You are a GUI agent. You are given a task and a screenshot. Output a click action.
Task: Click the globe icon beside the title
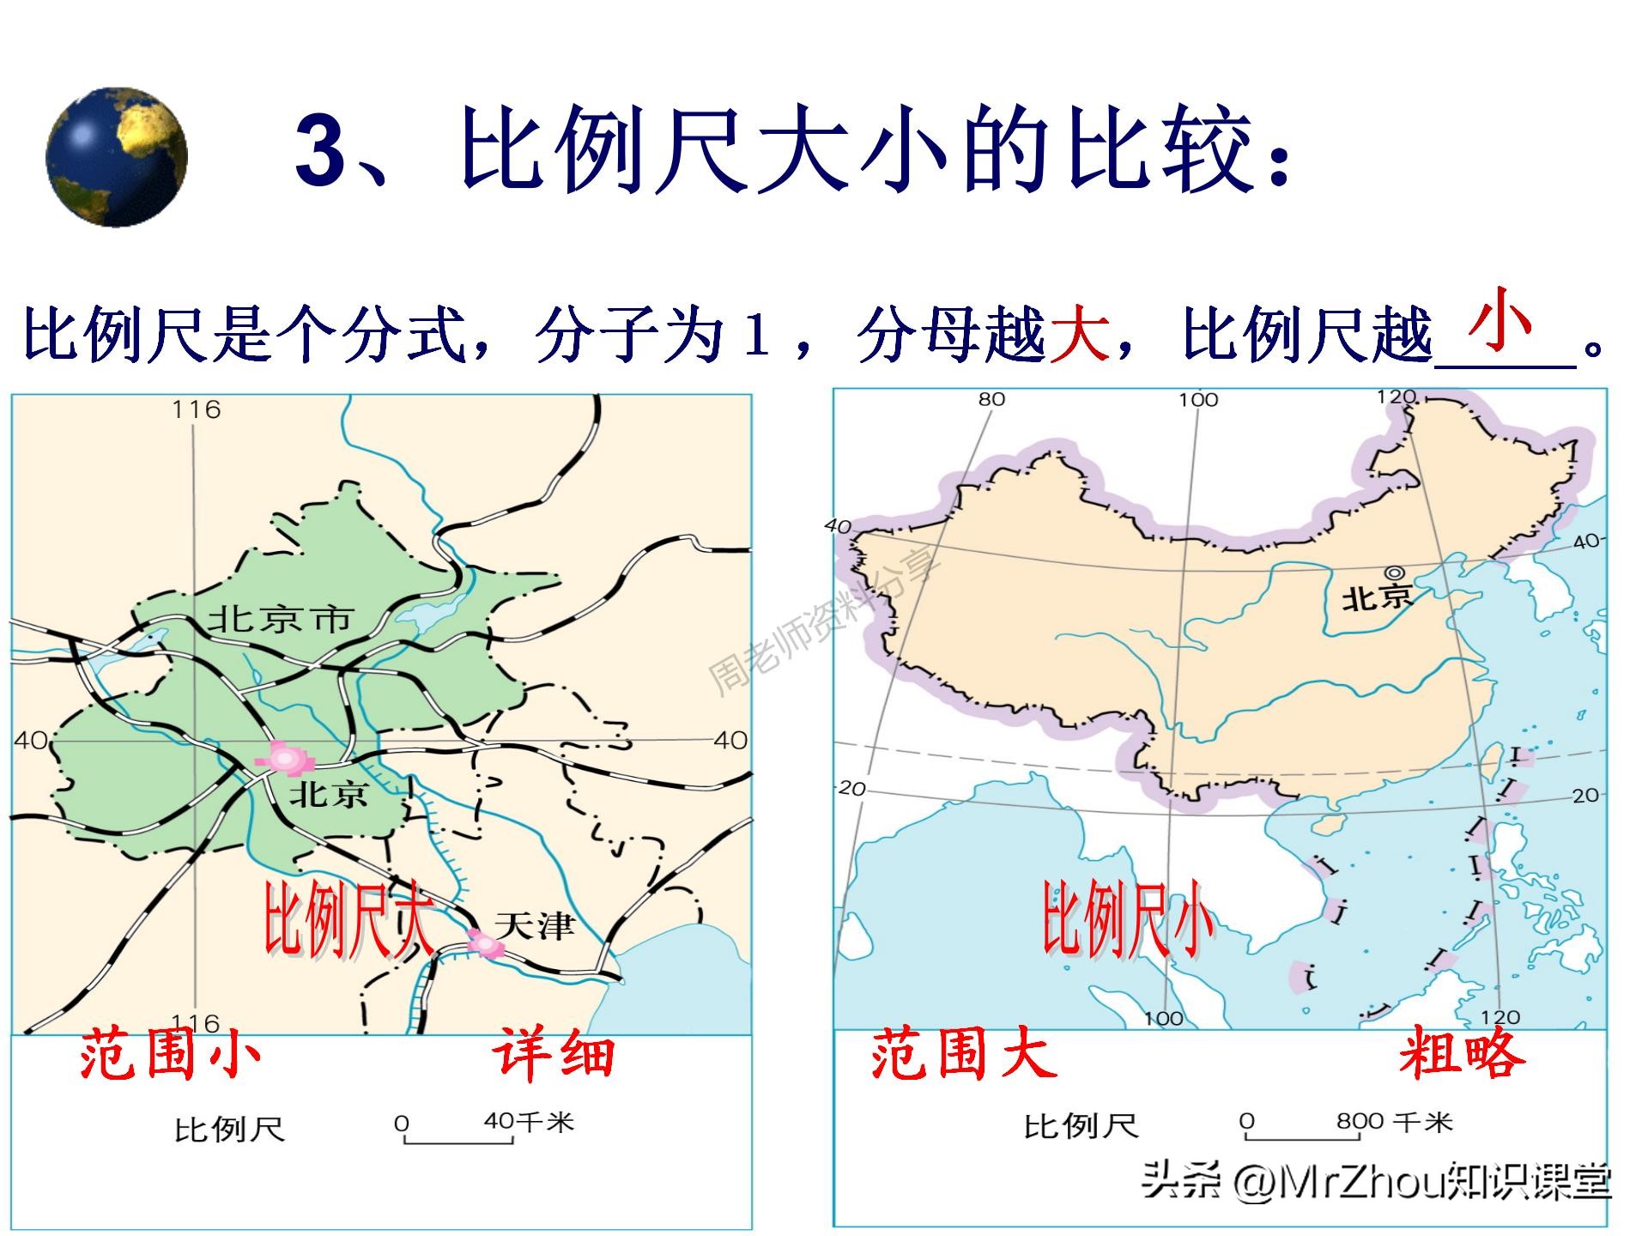click(117, 156)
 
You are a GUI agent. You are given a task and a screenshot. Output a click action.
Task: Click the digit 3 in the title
click(321, 150)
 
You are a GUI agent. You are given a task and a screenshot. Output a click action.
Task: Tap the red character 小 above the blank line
click(1500, 319)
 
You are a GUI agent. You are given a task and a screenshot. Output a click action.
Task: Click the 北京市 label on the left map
click(282, 620)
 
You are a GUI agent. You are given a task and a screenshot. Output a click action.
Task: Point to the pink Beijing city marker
click(285, 759)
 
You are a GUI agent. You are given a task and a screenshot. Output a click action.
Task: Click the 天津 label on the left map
click(534, 925)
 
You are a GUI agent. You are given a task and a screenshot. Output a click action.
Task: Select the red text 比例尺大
click(348, 918)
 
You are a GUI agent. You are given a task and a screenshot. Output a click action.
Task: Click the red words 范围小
click(170, 1055)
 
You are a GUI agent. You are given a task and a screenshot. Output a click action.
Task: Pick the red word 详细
click(554, 1055)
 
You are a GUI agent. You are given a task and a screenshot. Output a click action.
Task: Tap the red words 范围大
click(963, 1055)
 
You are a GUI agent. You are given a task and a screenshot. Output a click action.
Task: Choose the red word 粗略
click(1462, 1053)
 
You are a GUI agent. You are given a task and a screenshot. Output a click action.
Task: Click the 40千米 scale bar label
click(528, 1122)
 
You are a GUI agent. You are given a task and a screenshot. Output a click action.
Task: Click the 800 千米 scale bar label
click(1394, 1121)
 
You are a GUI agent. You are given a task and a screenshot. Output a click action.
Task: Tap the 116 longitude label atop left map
click(197, 410)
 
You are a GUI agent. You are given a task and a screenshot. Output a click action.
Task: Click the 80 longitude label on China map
click(991, 399)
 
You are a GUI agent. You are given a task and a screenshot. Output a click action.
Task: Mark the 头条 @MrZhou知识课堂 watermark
click(1376, 1182)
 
